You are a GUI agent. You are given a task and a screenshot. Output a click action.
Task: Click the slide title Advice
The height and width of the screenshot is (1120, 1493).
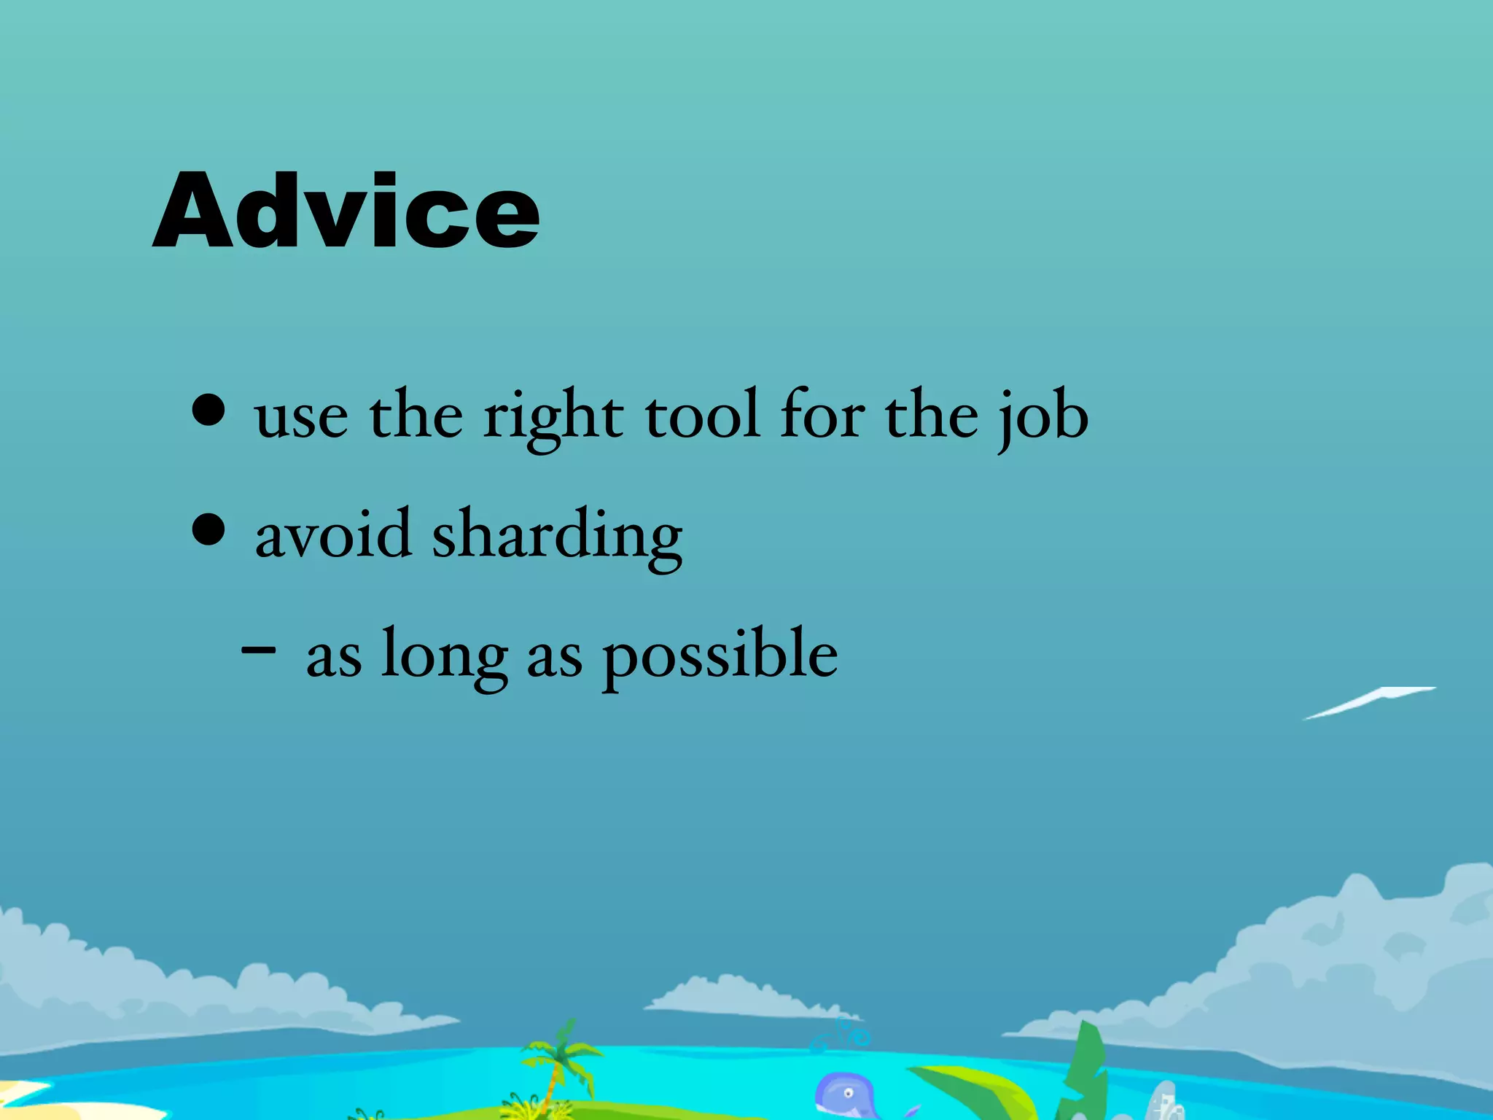[x=346, y=211]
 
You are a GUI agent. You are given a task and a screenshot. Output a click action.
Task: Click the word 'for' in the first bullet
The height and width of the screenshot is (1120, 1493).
[x=822, y=414]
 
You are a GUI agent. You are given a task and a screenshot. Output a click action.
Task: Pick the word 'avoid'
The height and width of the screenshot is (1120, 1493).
[x=333, y=534]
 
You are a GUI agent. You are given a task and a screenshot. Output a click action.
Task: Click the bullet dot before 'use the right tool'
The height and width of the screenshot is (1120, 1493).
[x=209, y=410]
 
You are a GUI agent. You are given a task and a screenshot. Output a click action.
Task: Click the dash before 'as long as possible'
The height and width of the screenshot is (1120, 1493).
[x=259, y=648]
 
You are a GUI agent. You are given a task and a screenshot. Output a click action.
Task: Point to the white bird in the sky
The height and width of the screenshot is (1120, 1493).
[x=1371, y=701]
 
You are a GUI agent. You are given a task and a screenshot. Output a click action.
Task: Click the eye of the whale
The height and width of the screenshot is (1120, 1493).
[x=848, y=1092]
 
